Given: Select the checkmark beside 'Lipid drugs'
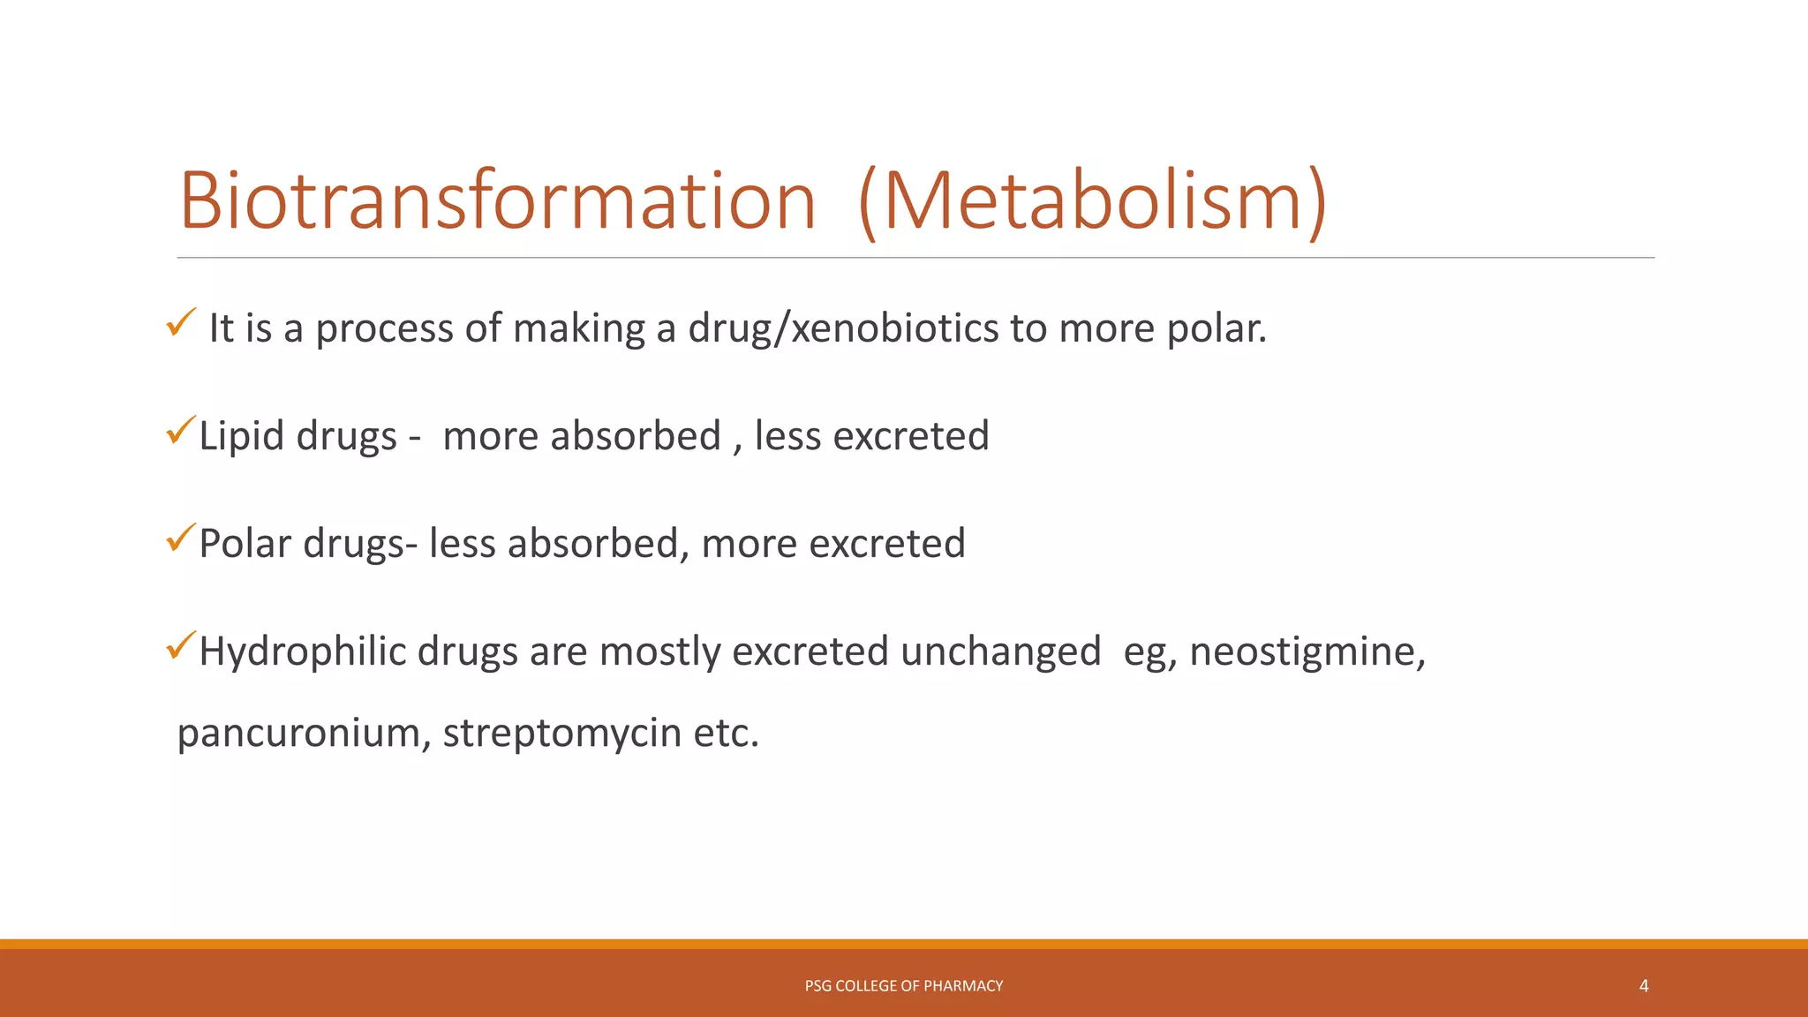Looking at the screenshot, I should (x=180, y=431).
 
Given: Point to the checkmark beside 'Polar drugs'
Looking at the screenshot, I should (x=180, y=539).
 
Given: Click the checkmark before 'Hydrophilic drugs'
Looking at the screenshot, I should (x=180, y=647).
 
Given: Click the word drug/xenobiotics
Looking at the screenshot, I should (x=843, y=328).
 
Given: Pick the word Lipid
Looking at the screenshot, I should (x=242, y=436).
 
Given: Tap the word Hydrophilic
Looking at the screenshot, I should (x=302, y=652).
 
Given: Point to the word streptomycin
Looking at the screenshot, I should (x=561, y=734).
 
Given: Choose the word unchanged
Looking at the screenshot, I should (x=1001, y=652).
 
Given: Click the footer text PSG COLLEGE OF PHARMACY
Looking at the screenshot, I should (x=903, y=986).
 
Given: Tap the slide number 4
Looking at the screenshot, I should (x=1644, y=986).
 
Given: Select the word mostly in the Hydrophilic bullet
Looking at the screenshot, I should (x=659, y=652).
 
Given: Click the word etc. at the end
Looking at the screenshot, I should (x=726, y=734).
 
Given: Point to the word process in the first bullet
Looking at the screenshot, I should (x=384, y=328).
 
